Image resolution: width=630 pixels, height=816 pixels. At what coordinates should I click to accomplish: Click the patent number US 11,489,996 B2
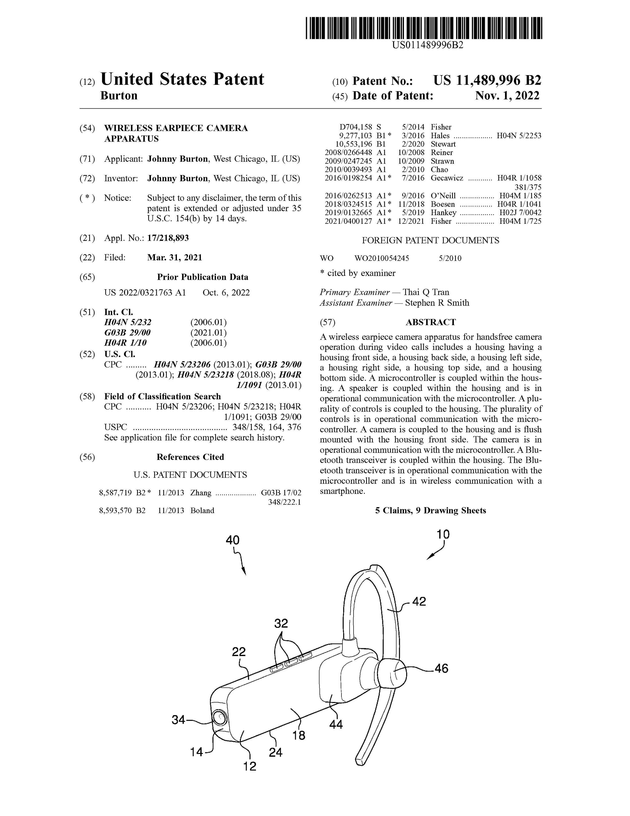click(487, 81)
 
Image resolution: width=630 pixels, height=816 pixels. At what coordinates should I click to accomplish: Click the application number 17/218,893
click(168, 238)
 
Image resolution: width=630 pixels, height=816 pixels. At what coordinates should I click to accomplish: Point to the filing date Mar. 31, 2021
click(175, 258)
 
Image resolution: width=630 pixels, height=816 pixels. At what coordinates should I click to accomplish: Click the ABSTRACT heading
click(431, 322)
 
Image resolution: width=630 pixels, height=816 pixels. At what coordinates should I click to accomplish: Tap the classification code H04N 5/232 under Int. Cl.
click(128, 322)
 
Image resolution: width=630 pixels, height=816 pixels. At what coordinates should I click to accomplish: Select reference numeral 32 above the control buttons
click(281, 623)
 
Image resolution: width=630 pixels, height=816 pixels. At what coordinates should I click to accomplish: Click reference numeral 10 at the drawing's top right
click(443, 534)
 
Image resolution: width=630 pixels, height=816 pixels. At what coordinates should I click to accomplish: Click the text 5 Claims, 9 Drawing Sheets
click(430, 510)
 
